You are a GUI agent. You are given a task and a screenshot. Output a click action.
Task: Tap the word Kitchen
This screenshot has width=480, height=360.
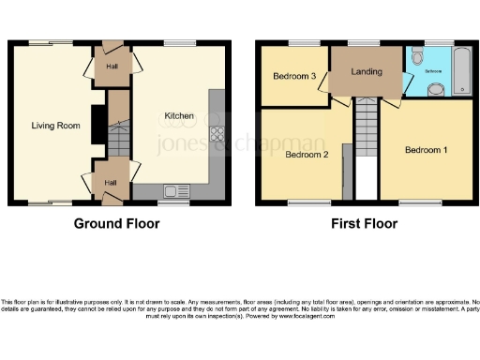pyautogui.click(x=179, y=116)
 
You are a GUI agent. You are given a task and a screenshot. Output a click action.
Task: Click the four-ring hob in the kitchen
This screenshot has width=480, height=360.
pyautogui.click(x=217, y=133)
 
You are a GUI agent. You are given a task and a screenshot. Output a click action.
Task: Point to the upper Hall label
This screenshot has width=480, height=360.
pyautogui.click(x=112, y=67)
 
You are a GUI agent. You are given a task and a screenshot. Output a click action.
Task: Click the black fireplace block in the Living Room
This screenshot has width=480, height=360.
pyautogui.click(x=95, y=119)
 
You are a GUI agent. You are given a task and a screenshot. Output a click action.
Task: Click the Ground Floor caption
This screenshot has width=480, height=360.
pyautogui.click(x=117, y=224)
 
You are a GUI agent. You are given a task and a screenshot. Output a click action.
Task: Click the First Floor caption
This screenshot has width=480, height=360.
pyautogui.click(x=365, y=224)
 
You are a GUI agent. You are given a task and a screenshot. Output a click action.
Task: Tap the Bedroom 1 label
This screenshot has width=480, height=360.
pyautogui.click(x=427, y=150)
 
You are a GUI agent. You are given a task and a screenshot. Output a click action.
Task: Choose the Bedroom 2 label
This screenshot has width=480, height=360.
pyautogui.click(x=307, y=155)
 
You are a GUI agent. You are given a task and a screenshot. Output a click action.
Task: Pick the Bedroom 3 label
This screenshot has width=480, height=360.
pyautogui.click(x=294, y=76)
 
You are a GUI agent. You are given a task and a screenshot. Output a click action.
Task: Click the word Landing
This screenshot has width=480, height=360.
pyautogui.click(x=365, y=72)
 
